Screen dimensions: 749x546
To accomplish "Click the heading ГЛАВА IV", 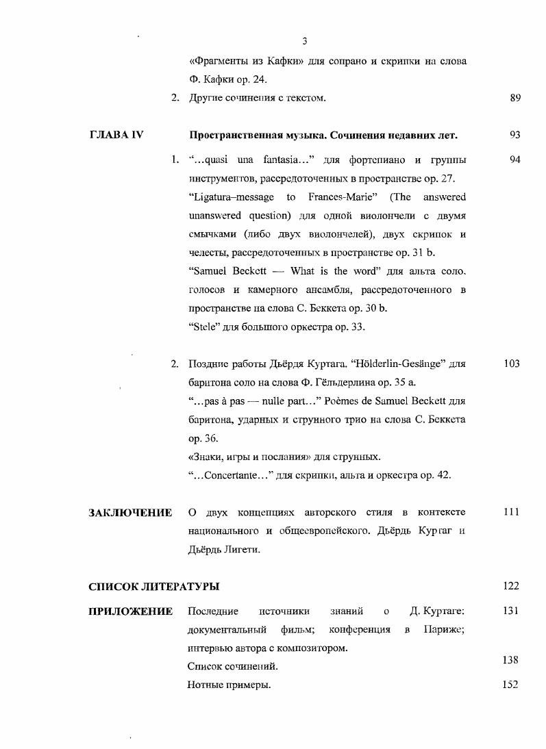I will coord(116,135).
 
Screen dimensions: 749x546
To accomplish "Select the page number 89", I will coord(516,98).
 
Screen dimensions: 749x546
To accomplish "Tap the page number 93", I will coord(516,135).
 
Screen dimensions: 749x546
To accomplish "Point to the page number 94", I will coord(516,160).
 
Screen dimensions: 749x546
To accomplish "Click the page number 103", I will coord(512,364).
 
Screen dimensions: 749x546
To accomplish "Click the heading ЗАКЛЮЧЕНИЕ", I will coord(130,513).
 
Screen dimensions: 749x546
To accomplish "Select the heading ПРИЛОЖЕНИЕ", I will coord(130,611).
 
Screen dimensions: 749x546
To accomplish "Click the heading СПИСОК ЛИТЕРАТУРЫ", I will coord(153,587).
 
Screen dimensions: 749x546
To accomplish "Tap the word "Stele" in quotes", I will coord(202,327).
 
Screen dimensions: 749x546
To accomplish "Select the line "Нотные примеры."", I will coord(229,685).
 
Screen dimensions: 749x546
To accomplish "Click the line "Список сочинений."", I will coord(233,666).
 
